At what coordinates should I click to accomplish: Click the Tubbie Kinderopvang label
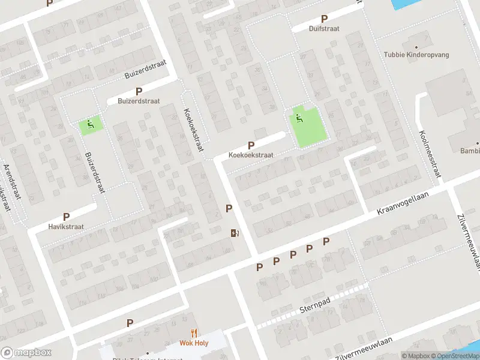pyautogui.click(x=416, y=55)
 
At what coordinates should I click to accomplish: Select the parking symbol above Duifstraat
pyautogui.click(x=325, y=19)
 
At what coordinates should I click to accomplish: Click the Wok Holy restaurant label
pyautogui.click(x=194, y=343)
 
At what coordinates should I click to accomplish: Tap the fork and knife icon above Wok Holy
pyautogui.click(x=194, y=333)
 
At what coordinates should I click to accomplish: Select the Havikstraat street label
pyautogui.click(x=66, y=227)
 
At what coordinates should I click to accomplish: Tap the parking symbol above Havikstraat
pyautogui.click(x=66, y=217)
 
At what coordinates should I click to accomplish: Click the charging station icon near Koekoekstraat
pyautogui.click(x=233, y=233)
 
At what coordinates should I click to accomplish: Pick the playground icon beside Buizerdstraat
pyautogui.click(x=90, y=125)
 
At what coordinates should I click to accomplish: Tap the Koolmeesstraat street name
pyautogui.click(x=431, y=154)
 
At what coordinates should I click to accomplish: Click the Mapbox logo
pyautogui.click(x=26, y=353)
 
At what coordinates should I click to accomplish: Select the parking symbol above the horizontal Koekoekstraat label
pyautogui.click(x=251, y=145)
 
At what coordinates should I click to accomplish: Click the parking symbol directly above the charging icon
pyautogui.click(x=229, y=208)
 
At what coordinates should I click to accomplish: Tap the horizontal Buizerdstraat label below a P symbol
pyautogui.click(x=139, y=101)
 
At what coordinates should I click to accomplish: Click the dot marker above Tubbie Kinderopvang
pyautogui.click(x=416, y=46)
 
